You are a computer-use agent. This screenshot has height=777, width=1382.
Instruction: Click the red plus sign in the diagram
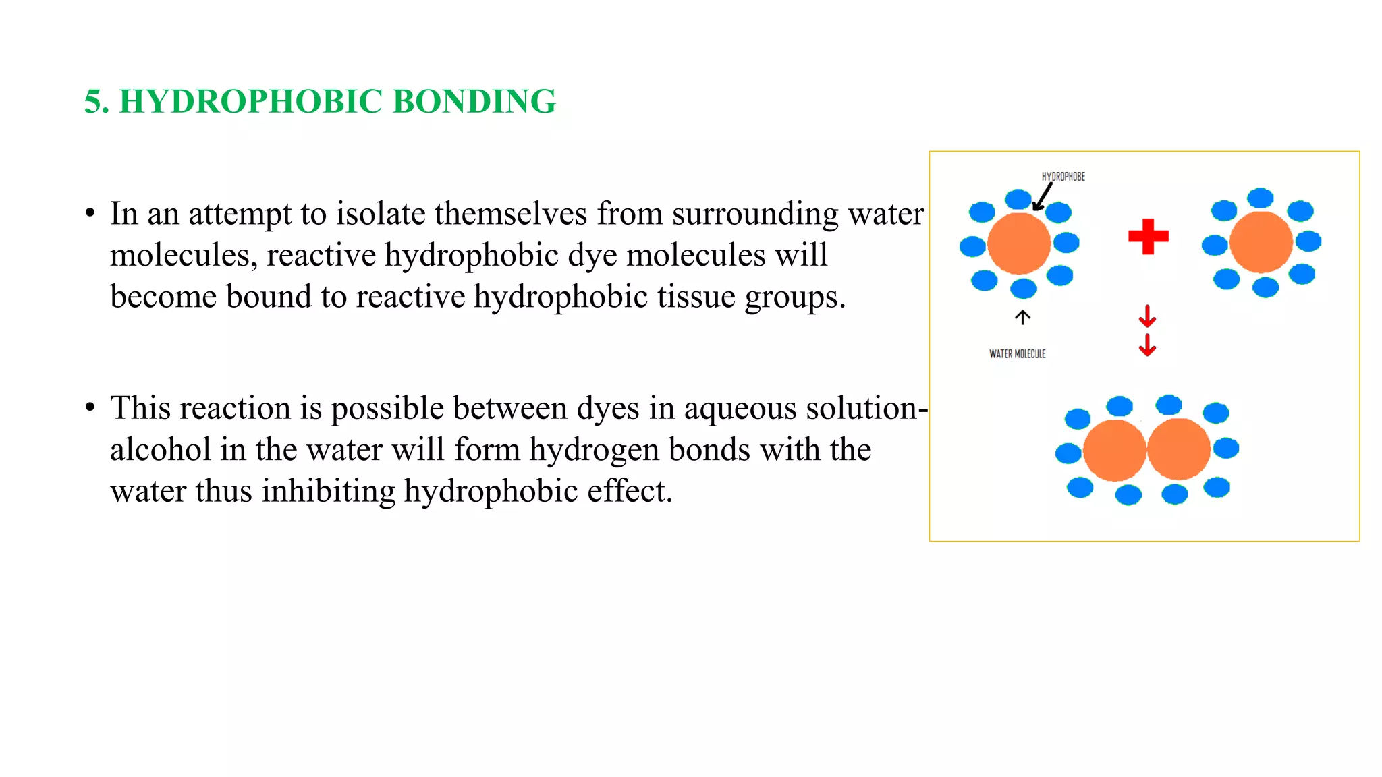pos(1148,236)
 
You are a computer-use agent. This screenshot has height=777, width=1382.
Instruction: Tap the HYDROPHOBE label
pos(1063,177)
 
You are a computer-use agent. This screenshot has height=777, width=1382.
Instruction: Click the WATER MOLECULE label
pos(1017,353)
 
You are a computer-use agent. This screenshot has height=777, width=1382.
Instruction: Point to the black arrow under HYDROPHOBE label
pos(1043,198)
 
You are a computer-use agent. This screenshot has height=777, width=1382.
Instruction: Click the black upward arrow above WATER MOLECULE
pos(1023,317)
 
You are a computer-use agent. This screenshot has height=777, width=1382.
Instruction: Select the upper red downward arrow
pos(1147,316)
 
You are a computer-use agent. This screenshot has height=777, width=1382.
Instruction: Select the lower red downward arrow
pos(1147,345)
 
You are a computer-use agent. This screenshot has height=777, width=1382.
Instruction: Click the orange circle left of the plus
pos(1018,243)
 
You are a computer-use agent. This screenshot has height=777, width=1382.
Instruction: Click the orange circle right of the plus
pos(1261,242)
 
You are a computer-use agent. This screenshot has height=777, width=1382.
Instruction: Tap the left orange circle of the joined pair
pos(1114,450)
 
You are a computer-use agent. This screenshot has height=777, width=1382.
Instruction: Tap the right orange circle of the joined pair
pos(1179,449)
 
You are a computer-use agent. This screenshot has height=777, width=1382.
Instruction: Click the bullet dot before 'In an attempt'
pos(90,214)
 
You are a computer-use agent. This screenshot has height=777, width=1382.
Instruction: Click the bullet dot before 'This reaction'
pos(90,408)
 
